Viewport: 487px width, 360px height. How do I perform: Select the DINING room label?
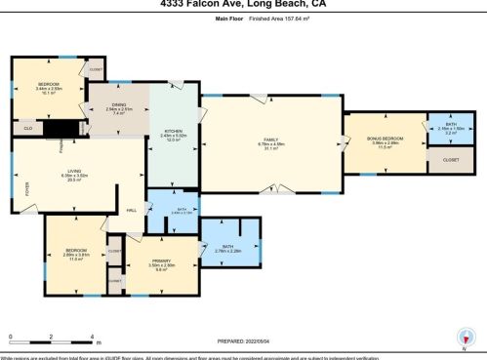pos(119,108)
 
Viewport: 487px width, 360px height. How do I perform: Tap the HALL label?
pos(131,210)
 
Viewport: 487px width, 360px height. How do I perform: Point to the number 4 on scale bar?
pos(92,337)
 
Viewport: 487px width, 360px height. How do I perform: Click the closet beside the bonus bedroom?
pos(451,159)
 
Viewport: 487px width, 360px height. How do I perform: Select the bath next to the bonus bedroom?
pos(450,128)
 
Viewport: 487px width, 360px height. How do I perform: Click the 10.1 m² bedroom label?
pos(50,89)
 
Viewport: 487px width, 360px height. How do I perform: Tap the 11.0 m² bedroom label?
pos(72,254)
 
